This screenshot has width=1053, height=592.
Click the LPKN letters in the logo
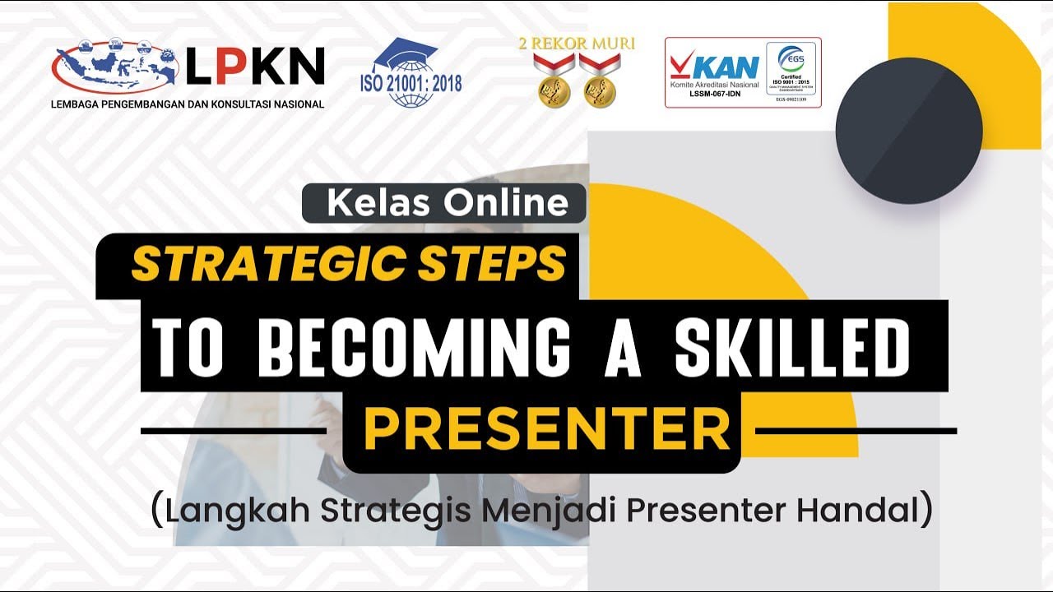coord(254,66)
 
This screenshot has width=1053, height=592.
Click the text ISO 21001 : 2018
coord(411,84)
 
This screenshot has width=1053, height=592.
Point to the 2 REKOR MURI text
coord(576,44)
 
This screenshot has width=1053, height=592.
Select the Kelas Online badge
coord(444,203)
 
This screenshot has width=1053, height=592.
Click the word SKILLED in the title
coord(793,346)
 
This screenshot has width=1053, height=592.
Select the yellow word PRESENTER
coord(546,429)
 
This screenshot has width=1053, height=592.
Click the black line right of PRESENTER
coord(856,430)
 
